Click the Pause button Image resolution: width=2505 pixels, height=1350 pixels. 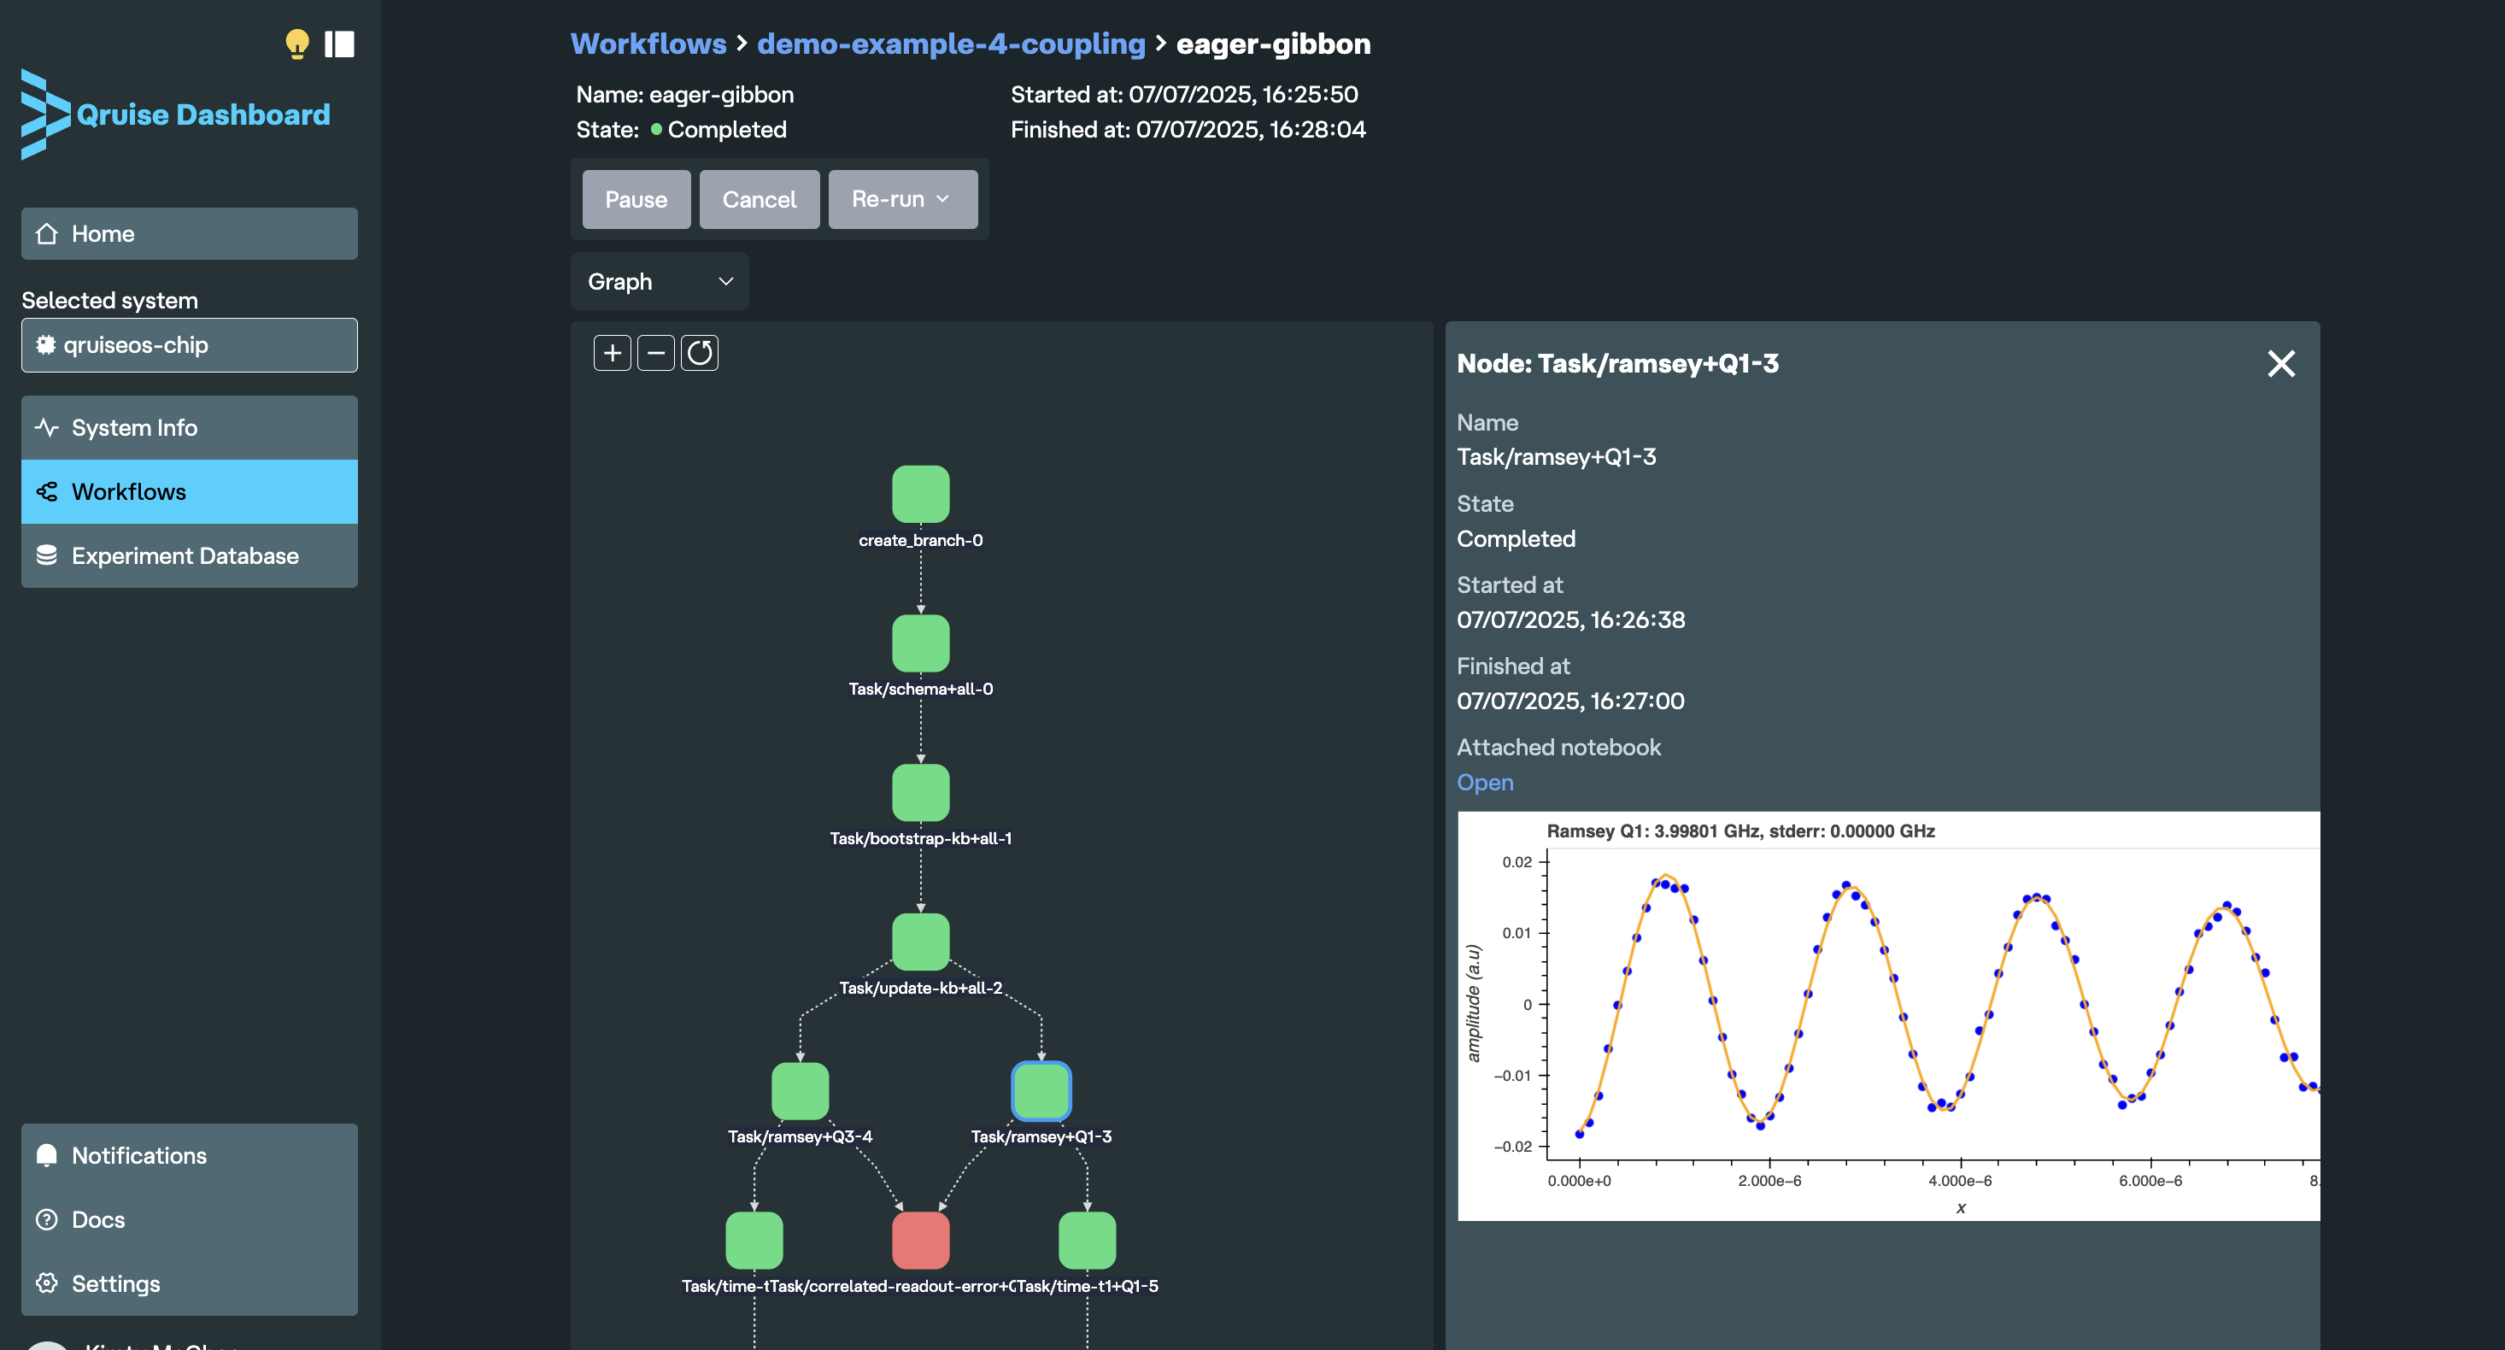click(x=636, y=199)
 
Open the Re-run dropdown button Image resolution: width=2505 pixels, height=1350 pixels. click(x=901, y=199)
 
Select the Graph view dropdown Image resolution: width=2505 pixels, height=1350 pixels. click(x=660, y=281)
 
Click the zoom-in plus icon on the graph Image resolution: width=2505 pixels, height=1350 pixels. click(x=612, y=353)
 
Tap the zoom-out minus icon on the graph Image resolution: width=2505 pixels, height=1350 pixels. click(x=655, y=353)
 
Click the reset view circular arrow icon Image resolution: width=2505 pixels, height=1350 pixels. click(x=699, y=353)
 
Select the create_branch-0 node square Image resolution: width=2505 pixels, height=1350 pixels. click(x=920, y=494)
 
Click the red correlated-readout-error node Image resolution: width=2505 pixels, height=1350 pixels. click(x=920, y=1240)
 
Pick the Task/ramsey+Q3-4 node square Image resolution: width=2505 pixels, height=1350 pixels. click(x=800, y=1091)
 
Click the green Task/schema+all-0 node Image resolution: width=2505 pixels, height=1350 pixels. click(x=920, y=643)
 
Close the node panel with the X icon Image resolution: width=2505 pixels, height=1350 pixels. click(x=2280, y=364)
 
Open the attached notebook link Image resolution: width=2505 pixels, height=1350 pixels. click(x=1484, y=782)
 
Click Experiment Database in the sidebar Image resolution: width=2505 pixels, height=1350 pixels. click(x=185, y=555)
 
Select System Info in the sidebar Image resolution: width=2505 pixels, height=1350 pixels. click(x=134, y=428)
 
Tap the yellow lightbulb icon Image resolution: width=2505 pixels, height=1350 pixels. click(x=296, y=44)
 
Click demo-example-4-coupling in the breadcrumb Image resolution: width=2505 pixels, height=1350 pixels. click(x=950, y=44)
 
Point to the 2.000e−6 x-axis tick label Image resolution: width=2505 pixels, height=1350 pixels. click(x=1769, y=1181)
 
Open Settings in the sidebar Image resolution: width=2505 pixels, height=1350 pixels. click(x=115, y=1284)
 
